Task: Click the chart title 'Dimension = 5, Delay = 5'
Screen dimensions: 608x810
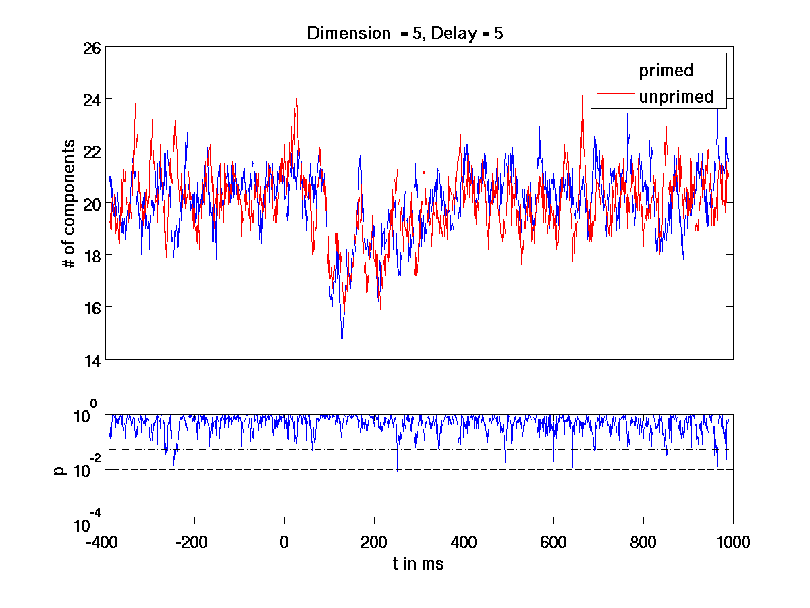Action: pos(405,33)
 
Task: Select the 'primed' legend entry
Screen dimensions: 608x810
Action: pos(666,70)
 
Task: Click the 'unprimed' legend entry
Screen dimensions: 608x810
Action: pos(676,97)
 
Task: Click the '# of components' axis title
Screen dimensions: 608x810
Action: pos(69,204)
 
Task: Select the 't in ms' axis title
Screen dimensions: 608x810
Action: pos(418,564)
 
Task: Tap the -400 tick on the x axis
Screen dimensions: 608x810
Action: pos(105,542)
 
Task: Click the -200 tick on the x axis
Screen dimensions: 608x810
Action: pos(195,542)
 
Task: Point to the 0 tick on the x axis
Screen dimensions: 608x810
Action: pos(285,542)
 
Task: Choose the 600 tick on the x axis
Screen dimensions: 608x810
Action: pos(553,542)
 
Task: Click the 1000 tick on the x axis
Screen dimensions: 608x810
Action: pos(733,542)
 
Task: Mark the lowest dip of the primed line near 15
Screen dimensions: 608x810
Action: pos(342,337)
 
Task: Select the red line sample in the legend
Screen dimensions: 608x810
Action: pos(613,93)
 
